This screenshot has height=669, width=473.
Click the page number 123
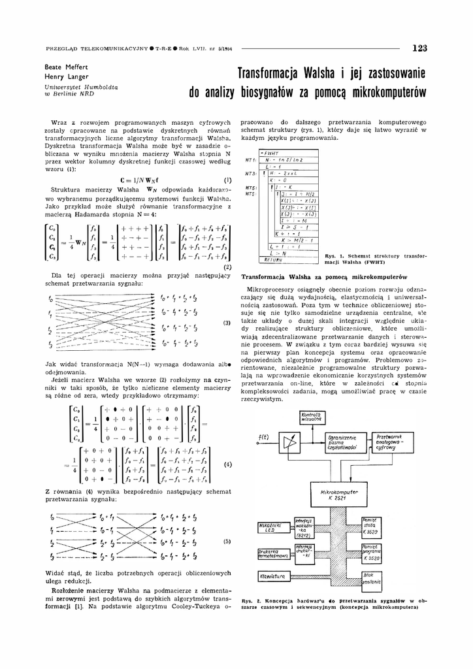coord(419,48)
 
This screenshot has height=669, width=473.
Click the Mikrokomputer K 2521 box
coord(342,492)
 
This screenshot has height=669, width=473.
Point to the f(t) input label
coord(263,436)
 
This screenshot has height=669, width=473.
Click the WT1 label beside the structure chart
coord(249,160)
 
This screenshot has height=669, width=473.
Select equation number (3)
coord(227,323)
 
